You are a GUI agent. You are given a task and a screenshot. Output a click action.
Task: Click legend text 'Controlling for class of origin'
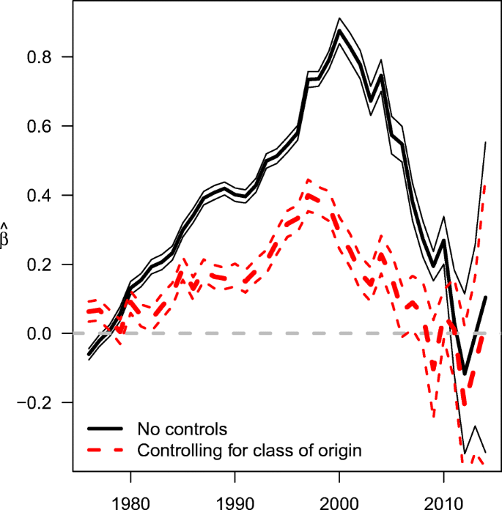[249, 450]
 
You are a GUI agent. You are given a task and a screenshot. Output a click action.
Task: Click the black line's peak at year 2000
[339, 31]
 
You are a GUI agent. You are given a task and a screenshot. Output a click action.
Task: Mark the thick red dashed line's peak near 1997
[308, 196]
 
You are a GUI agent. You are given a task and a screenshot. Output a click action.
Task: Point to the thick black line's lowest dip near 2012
[464, 374]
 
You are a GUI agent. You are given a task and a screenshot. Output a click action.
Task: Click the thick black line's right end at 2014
[485, 297]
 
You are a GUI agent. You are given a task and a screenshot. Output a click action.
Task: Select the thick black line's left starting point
[89, 355]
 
